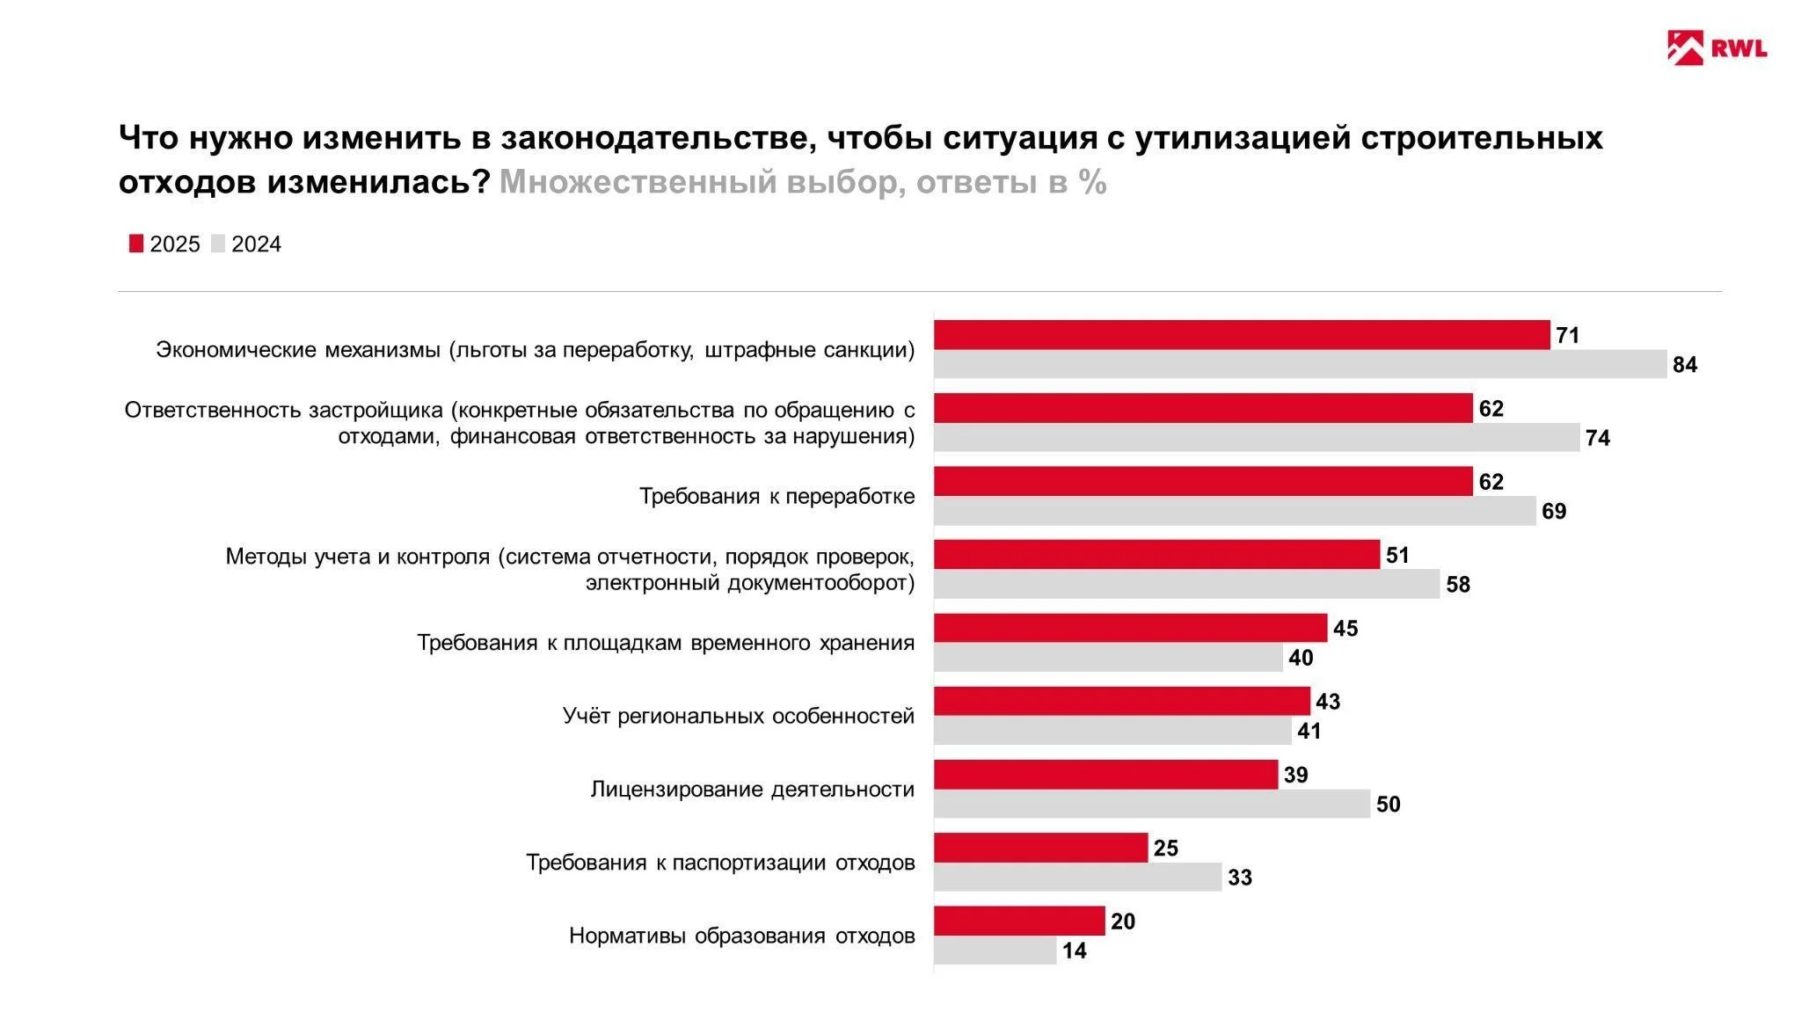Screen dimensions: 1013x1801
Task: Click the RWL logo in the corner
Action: click(1716, 48)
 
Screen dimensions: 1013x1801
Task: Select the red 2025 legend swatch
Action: click(136, 244)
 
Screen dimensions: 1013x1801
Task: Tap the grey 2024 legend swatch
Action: click(218, 244)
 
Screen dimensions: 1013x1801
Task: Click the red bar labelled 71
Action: click(1241, 335)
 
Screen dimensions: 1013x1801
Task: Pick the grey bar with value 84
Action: click(1300, 364)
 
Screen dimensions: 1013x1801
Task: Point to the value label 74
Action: click(1597, 438)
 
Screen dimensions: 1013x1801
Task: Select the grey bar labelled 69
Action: click(1234, 511)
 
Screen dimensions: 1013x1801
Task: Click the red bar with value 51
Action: click(1156, 555)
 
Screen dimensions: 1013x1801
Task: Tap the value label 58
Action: click(1457, 585)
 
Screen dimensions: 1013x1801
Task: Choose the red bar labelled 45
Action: click(1130, 628)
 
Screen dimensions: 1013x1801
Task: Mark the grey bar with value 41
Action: click(1112, 731)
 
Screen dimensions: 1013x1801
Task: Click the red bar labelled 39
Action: click(1105, 775)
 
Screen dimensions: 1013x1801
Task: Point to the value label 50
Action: click(1388, 805)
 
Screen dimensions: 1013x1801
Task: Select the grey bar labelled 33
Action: click(1077, 877)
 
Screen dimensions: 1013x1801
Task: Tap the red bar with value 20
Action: click(1019, 921)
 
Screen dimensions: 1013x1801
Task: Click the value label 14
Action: click(1074, 951)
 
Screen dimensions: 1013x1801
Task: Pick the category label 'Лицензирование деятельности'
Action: click(752, 789)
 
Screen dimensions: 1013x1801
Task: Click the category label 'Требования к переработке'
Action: click(777, 496)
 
